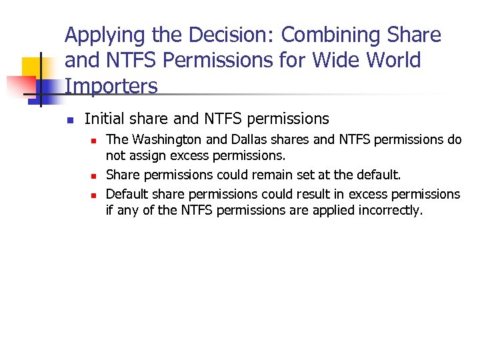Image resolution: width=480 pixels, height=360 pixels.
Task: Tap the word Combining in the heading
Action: [325, 35]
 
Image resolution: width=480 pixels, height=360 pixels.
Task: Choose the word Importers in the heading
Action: [111, 86]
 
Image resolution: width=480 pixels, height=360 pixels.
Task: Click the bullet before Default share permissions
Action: [94, 195]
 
